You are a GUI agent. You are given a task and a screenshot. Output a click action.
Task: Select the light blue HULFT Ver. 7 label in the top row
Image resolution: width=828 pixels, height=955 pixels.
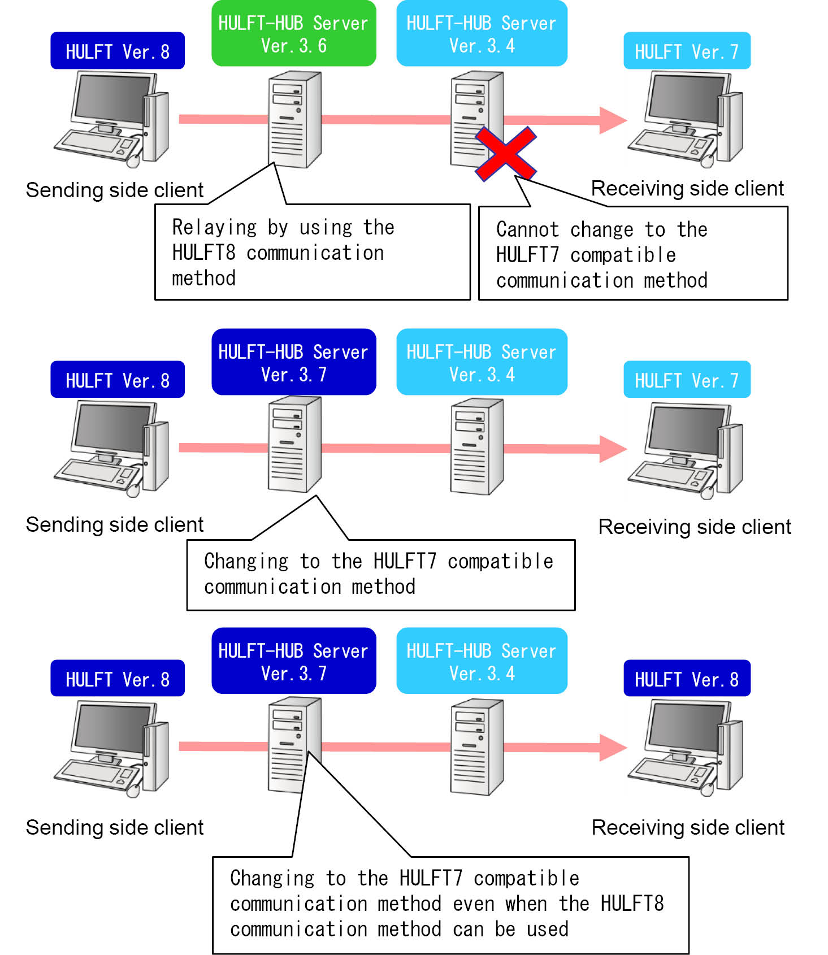687,51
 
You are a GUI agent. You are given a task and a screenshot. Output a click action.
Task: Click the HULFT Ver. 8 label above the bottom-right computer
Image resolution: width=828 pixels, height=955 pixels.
687,679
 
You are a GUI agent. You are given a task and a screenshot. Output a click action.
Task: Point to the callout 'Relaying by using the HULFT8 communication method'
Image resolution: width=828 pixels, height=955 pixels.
312,252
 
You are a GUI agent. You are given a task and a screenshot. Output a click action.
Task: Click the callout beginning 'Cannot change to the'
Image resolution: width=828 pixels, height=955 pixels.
632,254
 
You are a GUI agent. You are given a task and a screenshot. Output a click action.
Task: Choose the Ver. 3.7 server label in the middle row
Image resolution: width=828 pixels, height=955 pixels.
293,362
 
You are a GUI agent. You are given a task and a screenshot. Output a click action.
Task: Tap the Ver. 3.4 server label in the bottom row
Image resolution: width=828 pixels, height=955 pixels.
482,661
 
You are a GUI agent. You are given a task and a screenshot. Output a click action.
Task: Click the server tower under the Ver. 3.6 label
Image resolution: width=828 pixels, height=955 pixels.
294,120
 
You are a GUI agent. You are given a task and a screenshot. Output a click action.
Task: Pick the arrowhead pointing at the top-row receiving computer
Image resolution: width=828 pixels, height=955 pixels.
613,120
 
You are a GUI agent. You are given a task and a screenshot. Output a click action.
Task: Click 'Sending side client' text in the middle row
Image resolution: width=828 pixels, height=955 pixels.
115,525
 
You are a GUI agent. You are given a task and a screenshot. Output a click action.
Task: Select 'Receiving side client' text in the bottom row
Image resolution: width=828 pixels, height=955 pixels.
688,828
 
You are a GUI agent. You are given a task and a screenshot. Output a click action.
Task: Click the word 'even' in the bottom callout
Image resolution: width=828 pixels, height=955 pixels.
473,904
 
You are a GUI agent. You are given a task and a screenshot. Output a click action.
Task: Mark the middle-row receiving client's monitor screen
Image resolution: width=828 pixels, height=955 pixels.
686,429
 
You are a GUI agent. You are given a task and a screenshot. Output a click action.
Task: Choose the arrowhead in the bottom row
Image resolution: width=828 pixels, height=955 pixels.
613,748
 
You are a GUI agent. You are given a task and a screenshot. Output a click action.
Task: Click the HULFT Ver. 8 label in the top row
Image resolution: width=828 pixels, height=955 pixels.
118,51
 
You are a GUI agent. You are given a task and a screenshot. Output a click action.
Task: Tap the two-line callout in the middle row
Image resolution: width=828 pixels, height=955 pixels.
380,575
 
